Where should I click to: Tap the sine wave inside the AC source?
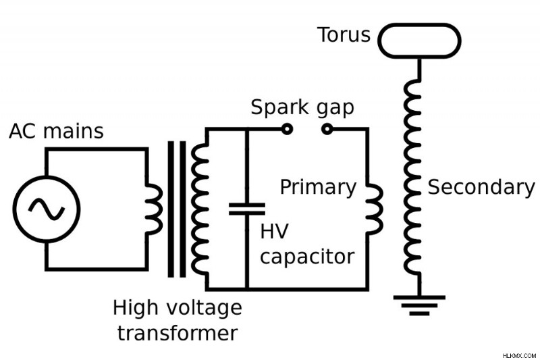coord(46,209)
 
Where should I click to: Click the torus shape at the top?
coord(419,26)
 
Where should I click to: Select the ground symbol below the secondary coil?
coord(419,305)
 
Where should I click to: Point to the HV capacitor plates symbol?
coord(247,209)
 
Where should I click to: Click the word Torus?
coord(344,35)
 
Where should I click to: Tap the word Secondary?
coord(481,187)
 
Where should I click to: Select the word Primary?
coord(318,188)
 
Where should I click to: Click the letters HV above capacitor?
coord(274,231)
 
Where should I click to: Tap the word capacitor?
coord(307,257)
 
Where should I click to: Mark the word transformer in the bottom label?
coord(178,333)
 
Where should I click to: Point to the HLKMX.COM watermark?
coord(519,355)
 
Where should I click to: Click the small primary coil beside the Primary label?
coord(375,209)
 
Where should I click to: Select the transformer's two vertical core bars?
coord(177,209)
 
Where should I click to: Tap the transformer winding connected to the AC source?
coord(155,209)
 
